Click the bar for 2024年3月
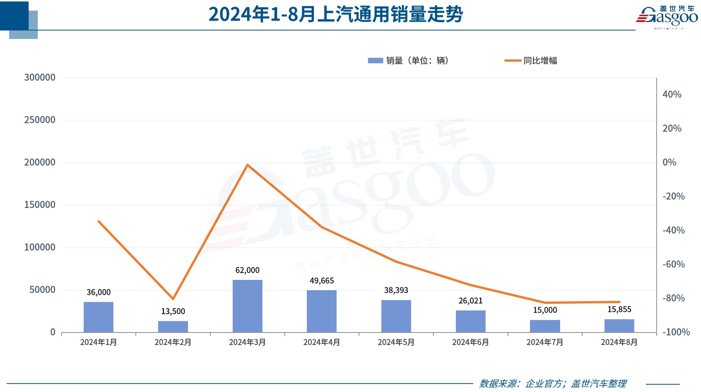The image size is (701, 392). (247, 306)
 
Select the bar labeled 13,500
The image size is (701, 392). (173, 327)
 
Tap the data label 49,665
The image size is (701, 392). (321, 281)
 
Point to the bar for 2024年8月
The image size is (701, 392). (619, 326)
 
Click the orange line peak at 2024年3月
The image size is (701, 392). (247, 165)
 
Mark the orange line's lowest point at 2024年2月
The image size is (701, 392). (173, 299)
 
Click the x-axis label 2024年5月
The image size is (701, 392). (396, 342)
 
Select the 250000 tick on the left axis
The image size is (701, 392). (40, 120)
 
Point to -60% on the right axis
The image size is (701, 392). (673, 264)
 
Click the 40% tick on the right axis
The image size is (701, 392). (672, 95)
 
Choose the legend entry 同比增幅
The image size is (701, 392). (540, 61)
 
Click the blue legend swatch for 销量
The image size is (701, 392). (375, 61)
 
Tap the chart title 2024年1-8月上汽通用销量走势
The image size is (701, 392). (336, 14)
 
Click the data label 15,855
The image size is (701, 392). (619, 309)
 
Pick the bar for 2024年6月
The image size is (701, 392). (470, 321)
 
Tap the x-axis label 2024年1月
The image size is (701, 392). (98, 342)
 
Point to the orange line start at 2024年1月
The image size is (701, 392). (99, 221)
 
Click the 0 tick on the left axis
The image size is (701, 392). (53, 332)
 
